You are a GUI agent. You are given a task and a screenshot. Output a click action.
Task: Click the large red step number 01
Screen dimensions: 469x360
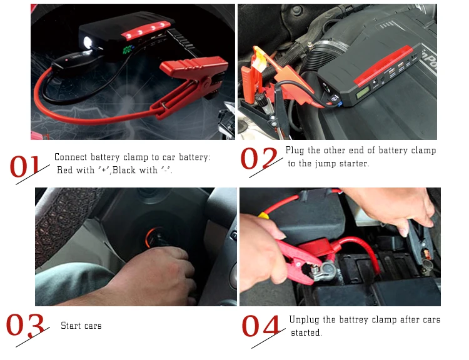pos(25,166)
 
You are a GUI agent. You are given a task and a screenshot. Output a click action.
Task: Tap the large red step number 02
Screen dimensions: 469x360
pos(259,159)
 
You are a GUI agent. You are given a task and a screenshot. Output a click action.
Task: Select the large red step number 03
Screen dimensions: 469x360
pos(25,326)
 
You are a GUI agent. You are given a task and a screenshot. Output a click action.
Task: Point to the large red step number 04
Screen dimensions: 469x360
pos(261,326)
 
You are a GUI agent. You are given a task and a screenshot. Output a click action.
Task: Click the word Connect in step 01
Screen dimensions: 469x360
pos(71,157)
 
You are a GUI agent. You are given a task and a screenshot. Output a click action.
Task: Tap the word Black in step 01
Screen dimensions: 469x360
pos(124,170)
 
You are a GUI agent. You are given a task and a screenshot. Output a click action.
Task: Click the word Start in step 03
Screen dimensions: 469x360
pos(69,326)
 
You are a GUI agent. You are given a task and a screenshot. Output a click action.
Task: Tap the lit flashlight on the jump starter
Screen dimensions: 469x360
pos(88,42)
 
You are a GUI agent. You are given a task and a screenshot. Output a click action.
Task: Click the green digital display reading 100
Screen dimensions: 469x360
pos(128,49)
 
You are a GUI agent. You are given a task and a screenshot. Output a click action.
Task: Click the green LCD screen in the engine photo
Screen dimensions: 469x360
pos(363,92)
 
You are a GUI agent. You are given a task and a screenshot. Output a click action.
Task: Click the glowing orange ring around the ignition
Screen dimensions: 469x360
pos(149,237)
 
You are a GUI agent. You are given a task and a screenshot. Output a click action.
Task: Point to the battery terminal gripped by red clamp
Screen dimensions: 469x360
pos(326,270)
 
